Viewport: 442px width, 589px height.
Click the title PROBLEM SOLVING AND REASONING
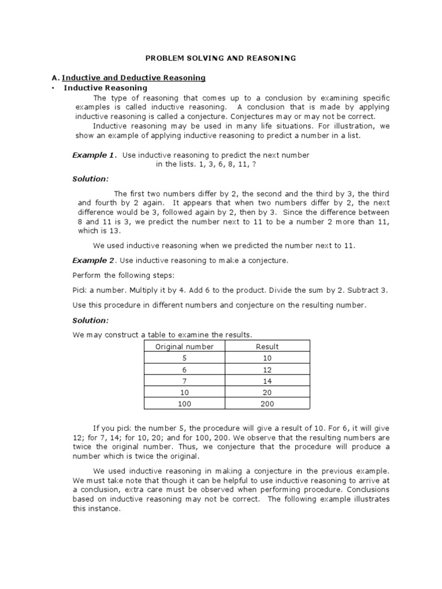click(x=220, y=58)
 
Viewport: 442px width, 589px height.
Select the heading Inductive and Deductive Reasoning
click(x=134, y=78)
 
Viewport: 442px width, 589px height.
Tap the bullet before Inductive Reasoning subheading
click(x=53, y=88)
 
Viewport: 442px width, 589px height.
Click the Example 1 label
click(x=94, y=155)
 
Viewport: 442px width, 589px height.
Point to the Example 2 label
click(x=94, y=261)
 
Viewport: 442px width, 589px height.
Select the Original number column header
click(x=184, y=346)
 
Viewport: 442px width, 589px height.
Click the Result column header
click(x=267, y=346)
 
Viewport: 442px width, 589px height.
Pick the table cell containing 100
click(x=184, y=403)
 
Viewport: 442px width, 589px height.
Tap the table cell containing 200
click(x=267, y=403)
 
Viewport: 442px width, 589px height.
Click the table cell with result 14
click(x=267, y=380)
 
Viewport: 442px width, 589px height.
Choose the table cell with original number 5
click(x=184, y=358)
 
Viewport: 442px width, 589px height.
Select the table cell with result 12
click(x=267, y=369)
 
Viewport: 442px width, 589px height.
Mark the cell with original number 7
click(x=184, y=380)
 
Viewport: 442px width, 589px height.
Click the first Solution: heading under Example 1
click(x=90, y=179)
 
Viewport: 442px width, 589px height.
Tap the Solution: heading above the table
click(x=90, y=320)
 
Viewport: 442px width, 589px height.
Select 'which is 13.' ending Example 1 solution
click(x=100, y=231)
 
